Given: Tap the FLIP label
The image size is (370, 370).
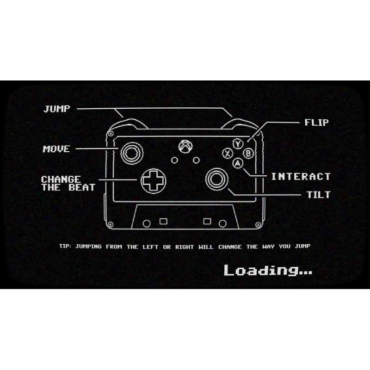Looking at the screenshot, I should pyautogui.click(x=316, y=123).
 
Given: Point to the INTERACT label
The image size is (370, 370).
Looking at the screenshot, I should pyautogui.click(x=301, y=176).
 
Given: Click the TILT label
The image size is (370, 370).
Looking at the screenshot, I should pyautogui.click(x=319, y=195).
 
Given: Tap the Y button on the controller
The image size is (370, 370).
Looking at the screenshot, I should pyautogui.click(x=238, y=144).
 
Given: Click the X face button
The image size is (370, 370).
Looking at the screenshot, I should pyautogui.click(x=227, y=154).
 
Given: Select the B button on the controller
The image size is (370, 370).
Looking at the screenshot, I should pyautogui.click(x=248, y=154).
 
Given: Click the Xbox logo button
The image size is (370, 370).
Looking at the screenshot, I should pyautogui.click(x=185, y=147).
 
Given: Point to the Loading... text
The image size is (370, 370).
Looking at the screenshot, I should pyautogui.click(x=268, y=270).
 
